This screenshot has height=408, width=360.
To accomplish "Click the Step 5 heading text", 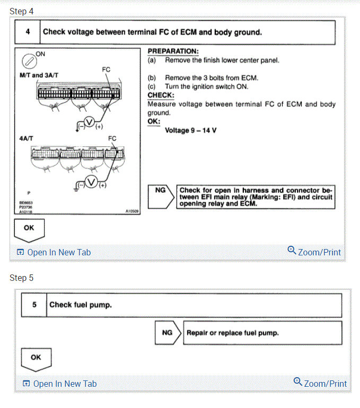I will click(x=21, y=278).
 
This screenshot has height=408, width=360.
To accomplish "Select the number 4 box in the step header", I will click(x=28, y=32).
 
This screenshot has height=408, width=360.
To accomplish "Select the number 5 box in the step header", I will click(x=34, y=305).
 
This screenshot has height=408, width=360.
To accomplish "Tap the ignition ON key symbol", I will click(x=30, y=61).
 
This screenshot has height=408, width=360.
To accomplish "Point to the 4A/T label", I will click(x=25, y=138).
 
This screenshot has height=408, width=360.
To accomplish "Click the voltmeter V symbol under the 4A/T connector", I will click(x=92, y=182).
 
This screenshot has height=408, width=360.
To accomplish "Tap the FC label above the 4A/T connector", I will click(x=112, y=138).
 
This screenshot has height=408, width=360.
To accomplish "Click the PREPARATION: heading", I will click(x=173, y=51).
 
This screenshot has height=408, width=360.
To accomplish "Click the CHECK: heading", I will click(x=161, y=95).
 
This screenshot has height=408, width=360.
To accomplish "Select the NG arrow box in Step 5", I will click(x=168, y=333).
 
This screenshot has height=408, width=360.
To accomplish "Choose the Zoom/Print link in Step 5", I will click(x=320, y=383).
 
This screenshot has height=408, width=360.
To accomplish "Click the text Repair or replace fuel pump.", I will click(x=233, y=333).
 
